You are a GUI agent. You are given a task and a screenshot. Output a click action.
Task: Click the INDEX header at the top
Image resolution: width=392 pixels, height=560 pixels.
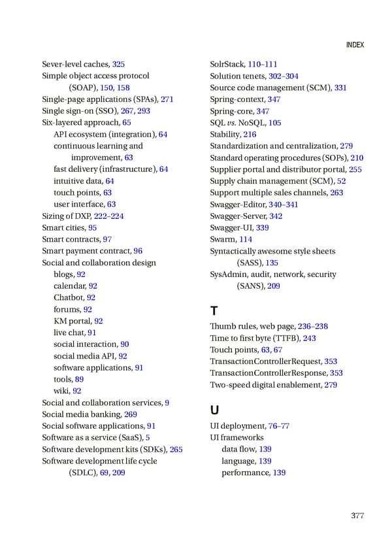353,45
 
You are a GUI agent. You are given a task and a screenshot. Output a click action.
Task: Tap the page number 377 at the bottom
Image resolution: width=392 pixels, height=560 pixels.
357,516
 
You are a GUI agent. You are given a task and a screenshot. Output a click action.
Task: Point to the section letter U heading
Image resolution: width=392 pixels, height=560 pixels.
214,410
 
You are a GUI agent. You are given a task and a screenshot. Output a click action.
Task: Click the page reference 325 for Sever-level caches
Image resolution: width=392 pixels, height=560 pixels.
118,64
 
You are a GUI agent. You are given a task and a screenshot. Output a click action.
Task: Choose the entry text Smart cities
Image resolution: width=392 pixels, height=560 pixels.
63,227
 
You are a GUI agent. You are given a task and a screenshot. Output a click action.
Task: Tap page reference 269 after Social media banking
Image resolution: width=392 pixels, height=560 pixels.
130,414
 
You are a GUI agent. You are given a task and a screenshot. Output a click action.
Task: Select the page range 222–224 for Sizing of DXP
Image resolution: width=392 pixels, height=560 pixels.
109,216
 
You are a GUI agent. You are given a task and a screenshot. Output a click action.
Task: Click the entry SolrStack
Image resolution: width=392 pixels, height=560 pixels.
227,64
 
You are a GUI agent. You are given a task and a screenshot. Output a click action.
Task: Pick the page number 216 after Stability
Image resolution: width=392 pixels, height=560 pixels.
250,135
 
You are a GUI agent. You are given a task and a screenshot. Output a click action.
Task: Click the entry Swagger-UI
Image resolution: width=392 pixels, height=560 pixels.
231,227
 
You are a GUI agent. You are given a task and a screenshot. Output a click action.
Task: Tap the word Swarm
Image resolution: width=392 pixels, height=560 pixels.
222,239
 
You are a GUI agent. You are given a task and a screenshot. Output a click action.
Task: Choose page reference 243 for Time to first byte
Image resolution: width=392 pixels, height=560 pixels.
309,338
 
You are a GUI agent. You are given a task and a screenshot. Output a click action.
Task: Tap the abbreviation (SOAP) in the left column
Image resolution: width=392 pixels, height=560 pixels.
83,88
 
